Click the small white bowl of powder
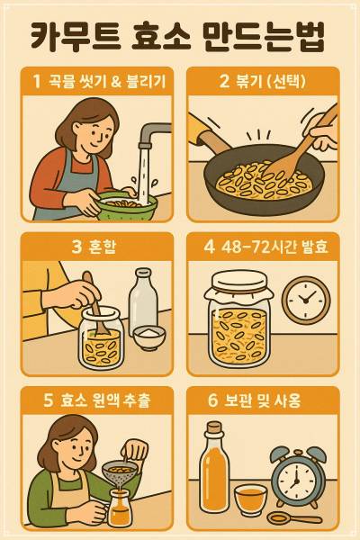(x=150, y=338)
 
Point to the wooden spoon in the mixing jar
(x=94, y=315)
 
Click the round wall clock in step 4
(x=305, y=301)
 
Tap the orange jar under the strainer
(x=119, y=509)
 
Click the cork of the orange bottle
(x=214, y=427)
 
